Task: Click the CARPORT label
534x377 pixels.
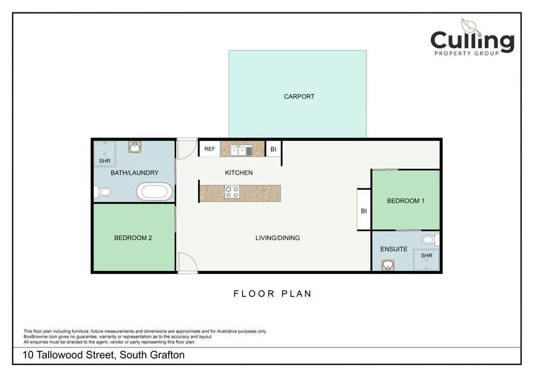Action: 299,97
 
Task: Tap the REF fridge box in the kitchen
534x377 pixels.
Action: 210,149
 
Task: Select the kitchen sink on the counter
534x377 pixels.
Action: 241,151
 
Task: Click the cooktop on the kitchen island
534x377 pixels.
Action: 232,192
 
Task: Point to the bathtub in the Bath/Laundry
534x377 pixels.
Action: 154,191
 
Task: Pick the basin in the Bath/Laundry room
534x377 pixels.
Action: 135,147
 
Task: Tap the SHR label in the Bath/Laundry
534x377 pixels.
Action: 104,161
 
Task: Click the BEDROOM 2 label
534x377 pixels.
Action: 133,238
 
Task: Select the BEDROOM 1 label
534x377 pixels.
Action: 406,201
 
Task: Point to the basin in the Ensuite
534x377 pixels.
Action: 388,265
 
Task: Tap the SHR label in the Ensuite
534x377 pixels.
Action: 427,255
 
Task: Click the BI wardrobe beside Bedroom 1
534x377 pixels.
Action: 364,210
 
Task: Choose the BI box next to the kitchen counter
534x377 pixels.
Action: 274,149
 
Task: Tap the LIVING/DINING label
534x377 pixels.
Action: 278,238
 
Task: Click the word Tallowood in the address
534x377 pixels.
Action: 59,355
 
